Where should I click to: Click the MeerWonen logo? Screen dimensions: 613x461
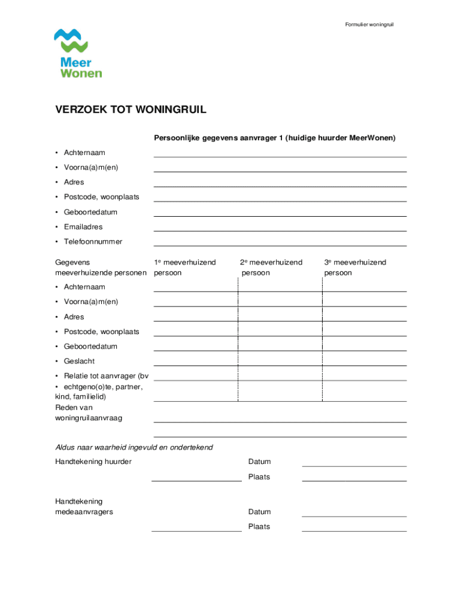pos(78,53)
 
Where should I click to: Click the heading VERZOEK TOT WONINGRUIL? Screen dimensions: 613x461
pos(131,110)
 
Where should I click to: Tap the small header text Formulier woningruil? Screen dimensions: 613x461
pos(369,25)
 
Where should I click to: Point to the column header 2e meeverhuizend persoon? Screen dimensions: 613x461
pos(271,267)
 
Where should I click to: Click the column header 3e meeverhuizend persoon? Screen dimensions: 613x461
pos(355,267)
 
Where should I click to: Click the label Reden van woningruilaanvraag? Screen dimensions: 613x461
pos(88,412)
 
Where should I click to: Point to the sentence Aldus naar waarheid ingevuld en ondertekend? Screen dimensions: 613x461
pos(134,447)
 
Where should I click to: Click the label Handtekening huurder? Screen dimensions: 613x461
pos(93,462)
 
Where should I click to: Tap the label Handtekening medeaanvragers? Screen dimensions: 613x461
pos(84,506)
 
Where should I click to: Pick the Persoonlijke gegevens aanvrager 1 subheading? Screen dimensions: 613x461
pos(275,138)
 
